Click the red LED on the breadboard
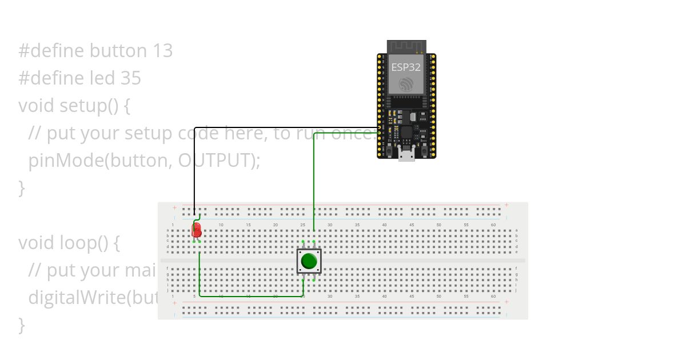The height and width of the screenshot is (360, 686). click(197, 230)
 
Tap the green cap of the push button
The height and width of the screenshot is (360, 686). click(309, 261)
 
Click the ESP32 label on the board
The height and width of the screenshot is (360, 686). click(406, 67)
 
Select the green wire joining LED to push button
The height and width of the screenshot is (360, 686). click(252, 296)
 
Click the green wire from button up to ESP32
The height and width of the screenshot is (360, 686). click(314, 183)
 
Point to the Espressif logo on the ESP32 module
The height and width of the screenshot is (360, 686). click(406, 85)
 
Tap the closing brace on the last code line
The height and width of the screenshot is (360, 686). click(22, 325)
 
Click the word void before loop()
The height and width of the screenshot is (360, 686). click(37, 243)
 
